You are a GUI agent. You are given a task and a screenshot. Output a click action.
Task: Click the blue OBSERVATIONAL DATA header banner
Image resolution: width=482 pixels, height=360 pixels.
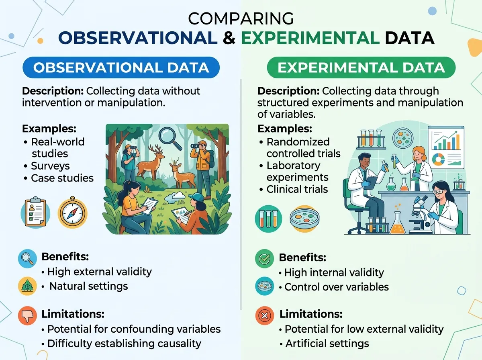click(x=121, y=67)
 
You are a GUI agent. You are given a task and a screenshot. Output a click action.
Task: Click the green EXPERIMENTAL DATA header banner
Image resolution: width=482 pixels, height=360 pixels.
click(x=361, y=67)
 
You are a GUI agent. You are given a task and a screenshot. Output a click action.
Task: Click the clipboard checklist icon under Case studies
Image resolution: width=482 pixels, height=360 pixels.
click(x=36, y=212)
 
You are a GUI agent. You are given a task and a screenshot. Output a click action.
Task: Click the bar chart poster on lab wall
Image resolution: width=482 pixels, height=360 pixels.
click(x=446, y=147)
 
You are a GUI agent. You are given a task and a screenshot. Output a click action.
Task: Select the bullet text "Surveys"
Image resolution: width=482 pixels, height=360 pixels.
click(x=50, y=166)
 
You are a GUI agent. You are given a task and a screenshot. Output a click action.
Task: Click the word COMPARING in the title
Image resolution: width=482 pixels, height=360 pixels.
click(x=241, y=19)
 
